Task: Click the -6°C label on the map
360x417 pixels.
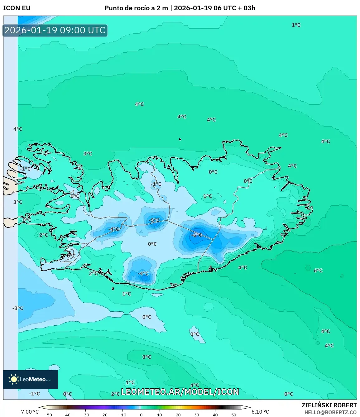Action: pos(196,235)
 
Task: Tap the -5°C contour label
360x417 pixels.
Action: pos(154,220)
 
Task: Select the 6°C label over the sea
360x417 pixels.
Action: pos(318,270)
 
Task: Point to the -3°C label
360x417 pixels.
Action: pos(18,308)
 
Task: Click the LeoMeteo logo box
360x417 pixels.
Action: pos(31,379)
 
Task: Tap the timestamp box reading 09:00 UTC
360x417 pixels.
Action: pos(55,30)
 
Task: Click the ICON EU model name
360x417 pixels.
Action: pos(17,8)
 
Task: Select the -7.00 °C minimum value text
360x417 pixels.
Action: pos(29,412)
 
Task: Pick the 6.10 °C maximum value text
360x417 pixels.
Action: pos(260,412)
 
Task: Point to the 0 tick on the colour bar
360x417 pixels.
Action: pos(141,415)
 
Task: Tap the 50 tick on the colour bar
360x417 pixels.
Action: pos(234,415)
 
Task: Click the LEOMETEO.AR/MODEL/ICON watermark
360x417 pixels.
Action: pos(180,392)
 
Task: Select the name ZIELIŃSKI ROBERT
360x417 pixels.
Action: pos(329,405)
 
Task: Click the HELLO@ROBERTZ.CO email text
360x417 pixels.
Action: pos(330,412)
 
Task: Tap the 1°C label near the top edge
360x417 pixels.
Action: pos(296,25)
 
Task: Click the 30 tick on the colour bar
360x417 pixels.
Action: pos(197,415)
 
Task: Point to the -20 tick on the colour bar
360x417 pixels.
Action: pos(104,415)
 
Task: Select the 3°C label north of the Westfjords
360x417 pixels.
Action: pos(88,153)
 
